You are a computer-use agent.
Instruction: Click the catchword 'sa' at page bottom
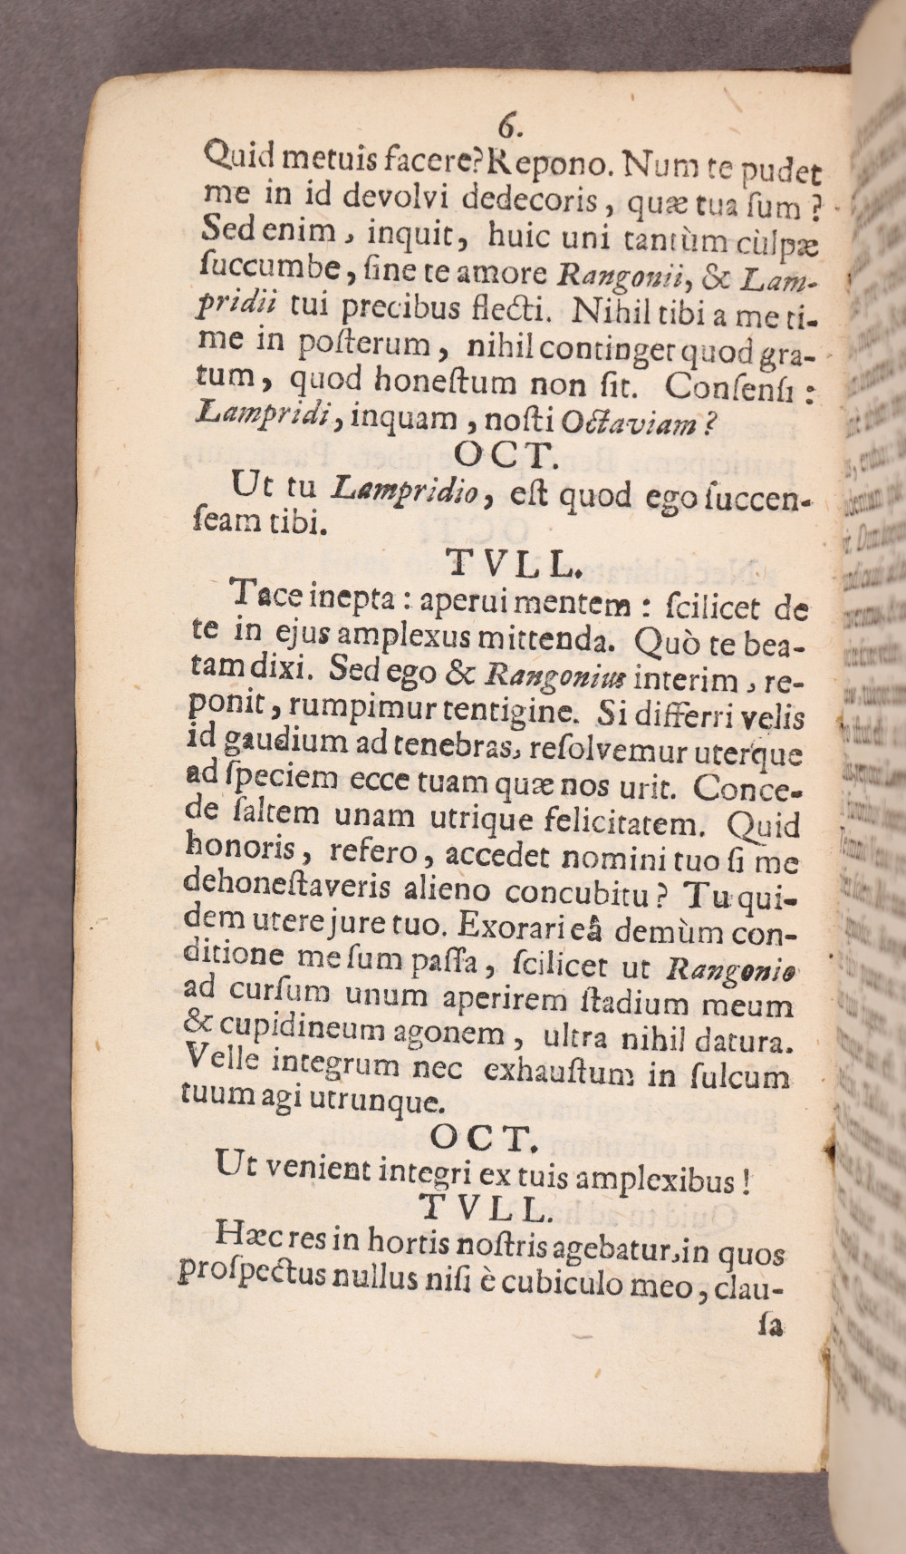(771, 1325)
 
